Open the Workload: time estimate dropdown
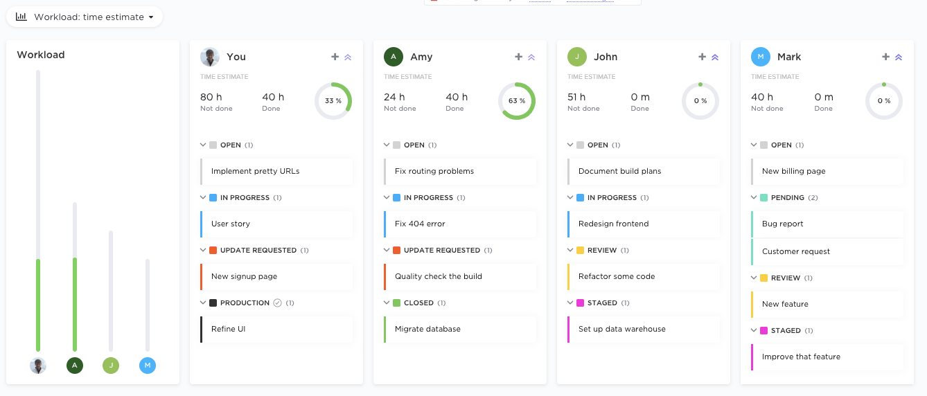[85, 17]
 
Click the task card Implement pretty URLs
[276, 171]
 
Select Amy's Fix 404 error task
[460, 224]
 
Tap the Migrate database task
[460, 329]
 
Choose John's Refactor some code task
[644, 276]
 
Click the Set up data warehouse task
[644, 329]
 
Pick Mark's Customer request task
[827, 251]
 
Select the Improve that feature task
[827, 357]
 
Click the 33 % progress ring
[333, 101]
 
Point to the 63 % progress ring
[517, 101]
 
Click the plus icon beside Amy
[518, 57]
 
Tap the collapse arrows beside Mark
[899, 57]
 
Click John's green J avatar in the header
[577, 57]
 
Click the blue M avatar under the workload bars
[148, 366]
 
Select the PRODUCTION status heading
[245, 303]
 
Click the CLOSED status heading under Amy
[418, 303]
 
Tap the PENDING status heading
[787, 197]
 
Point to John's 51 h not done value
[576, 97]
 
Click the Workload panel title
[41, 55]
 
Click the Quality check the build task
[460, 276]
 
